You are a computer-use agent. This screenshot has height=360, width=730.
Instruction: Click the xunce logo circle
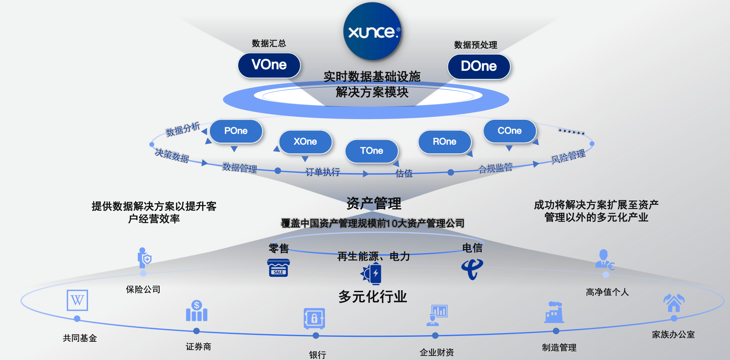(x=372, y=31)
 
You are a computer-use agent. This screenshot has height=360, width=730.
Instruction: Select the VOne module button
(x=269, y=65)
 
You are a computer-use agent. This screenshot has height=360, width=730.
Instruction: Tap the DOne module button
(x=479, y=67)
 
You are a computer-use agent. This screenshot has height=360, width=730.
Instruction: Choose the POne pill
(x=236, y=131)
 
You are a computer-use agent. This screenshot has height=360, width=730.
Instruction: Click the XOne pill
(x=305, y=142)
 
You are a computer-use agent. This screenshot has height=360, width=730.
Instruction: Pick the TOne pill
(x=372, y=151)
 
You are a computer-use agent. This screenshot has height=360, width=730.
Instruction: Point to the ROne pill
(x=445, y=142)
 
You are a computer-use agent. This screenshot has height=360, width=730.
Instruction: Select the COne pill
(x=510, y=131)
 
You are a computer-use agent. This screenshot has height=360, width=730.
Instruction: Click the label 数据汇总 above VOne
(x=269, y=43)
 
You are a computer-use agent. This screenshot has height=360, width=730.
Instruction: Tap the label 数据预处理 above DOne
(x=475, y=45)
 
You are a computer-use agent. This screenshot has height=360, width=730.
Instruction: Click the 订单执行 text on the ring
(x=323, y=172)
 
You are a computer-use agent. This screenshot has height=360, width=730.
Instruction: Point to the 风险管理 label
(x=568, y=157)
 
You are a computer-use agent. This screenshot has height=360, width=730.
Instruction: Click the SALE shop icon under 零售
(x=278, y=268)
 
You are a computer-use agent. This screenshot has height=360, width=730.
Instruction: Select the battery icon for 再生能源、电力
(x=372, y=273)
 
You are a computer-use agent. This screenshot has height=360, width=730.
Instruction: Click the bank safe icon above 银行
(x=314, y=318)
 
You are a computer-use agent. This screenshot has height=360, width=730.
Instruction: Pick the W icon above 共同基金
(x=77, y=300)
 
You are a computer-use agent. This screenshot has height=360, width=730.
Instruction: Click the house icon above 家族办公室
(x=674, y=303)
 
